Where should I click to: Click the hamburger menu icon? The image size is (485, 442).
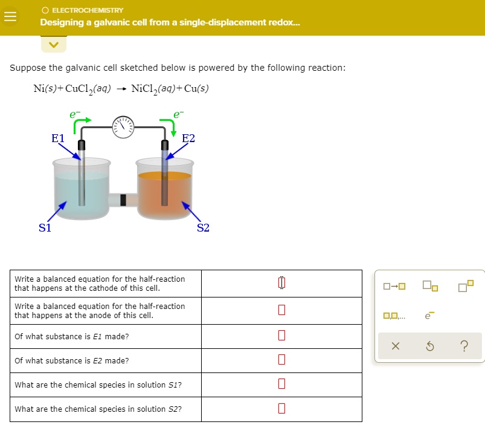tap(10, 18)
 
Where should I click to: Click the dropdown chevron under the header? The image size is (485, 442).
tap(53, 44)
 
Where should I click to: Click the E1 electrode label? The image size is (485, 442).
tap(58, 138)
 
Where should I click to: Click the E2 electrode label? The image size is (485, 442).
tap(188, 138)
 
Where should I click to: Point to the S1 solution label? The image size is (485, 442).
tap(45, 228)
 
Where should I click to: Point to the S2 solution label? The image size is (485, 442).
tap(203, 228)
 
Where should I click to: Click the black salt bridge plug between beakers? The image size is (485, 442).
tap(124, 200)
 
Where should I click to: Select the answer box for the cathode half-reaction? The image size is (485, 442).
tap(281, 283)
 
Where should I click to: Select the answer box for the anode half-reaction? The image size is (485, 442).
tap(281, 310)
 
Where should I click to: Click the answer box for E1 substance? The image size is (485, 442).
tap(281, 336)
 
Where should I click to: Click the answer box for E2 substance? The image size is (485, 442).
tap(281, 360)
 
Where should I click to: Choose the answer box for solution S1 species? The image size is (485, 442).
tap(281, 385)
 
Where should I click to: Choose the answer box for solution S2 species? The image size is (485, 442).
tap(281, 409)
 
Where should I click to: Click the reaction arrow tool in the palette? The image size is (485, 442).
tap(394, 286)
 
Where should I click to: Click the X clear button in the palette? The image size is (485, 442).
tap(394, 346)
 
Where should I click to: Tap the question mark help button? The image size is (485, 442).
tap(463, 346)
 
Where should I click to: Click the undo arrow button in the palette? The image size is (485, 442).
tap(429, 346)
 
